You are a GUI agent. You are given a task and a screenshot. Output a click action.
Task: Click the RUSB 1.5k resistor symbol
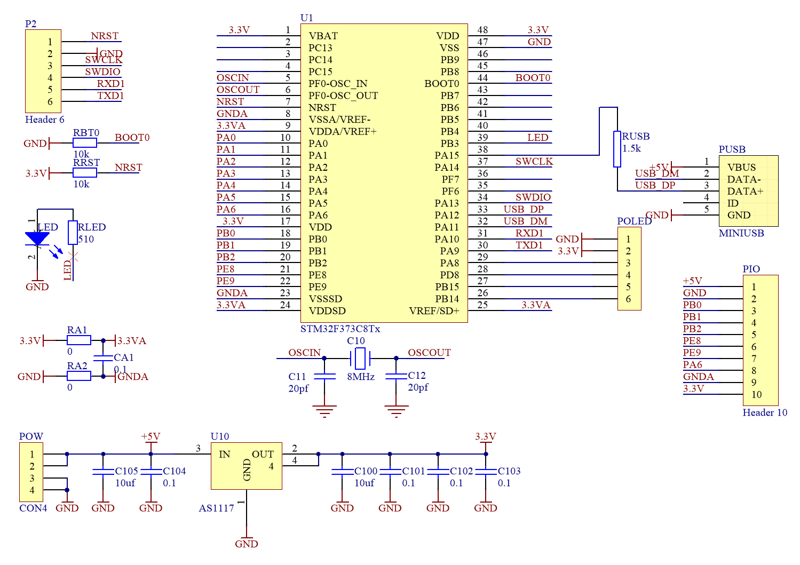pyautogui.click(x=617, y=149)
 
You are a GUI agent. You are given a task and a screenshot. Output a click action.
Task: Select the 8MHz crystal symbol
pyautogui.click(x=360, y=358)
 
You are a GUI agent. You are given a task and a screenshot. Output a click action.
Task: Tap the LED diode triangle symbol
pyautogui.click(x=37, y=238)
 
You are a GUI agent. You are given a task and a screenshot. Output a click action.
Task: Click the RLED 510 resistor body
pyautogui.click(x=73, y=233)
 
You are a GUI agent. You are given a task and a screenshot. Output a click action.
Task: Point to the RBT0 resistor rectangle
pyautogui.click(x=85, y=143)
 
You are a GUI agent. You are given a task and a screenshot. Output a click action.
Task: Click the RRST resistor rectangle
pyautogui.click(x=85, y=173)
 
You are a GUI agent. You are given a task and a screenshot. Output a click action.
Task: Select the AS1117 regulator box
pyautogui.click(x=246, y=466)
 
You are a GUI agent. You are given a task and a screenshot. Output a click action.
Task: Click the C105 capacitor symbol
pyautogui.click(x=103, y=472)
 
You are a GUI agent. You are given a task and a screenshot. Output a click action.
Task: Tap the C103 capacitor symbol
pyautogui.click(x=486, y=472)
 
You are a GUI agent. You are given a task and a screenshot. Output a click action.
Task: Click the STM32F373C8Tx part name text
pyautogui.click(x=340, y=329)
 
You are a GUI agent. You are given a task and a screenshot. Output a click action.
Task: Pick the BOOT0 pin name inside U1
pyautogui.click(x=441, y=84)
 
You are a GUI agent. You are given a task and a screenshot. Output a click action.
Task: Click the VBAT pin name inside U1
pyautogui.click(x=323, y=36)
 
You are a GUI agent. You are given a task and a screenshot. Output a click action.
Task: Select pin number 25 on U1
pyautogui.click(x=482, y=305)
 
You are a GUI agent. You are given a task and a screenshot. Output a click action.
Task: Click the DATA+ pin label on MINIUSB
pyautogui.click(x=745, y=191)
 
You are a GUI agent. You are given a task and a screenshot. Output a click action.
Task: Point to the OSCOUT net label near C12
pyautogui.click(x=429, y=353)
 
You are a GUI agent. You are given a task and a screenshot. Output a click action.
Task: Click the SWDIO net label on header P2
pyautogui.click(x=102, y=71)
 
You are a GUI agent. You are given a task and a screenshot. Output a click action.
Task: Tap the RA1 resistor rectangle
pyautogui.click(x=79, y=340)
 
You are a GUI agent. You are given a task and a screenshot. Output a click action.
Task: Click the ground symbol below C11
pyautogui.click(x=324, y=411)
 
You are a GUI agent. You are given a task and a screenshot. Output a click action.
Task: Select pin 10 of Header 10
pyautogui.click(x=756, y=395)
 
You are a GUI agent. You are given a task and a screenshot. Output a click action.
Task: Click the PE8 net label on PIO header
pyautogui.click(x=692, y=340)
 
